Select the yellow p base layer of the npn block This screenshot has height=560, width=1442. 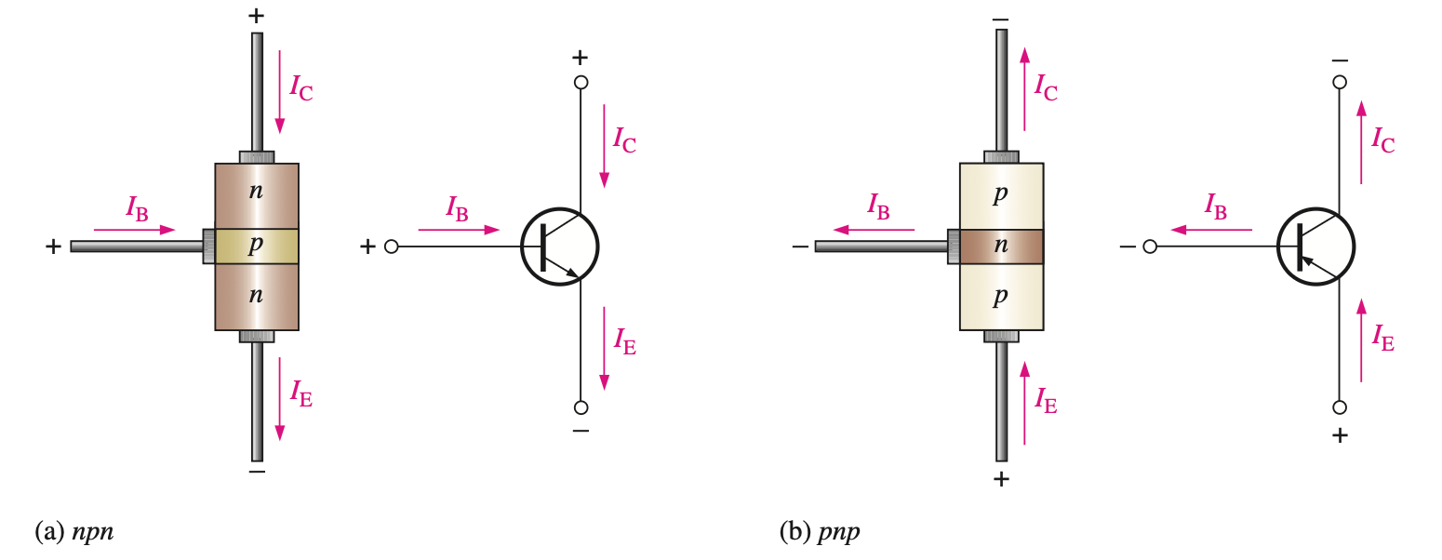coord(257,247)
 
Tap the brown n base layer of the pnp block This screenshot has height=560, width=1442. coord(1001,247)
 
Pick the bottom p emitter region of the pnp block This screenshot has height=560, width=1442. coord(1001,297)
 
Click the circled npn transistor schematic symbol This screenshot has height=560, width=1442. coord(559,247)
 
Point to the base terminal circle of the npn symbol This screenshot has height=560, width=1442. coord(392,247)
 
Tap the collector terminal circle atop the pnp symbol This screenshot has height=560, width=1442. coord(1340,82)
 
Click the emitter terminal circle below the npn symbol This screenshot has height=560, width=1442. coord(581,407)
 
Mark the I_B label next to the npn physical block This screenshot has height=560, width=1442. coord(137,207)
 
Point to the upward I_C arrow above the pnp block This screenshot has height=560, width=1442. coord(1024,89)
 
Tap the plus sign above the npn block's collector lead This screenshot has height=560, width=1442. coord(257,17)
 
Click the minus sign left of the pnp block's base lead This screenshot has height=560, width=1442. coord(799,247)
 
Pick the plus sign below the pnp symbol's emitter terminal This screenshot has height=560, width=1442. coord(1340,434)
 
